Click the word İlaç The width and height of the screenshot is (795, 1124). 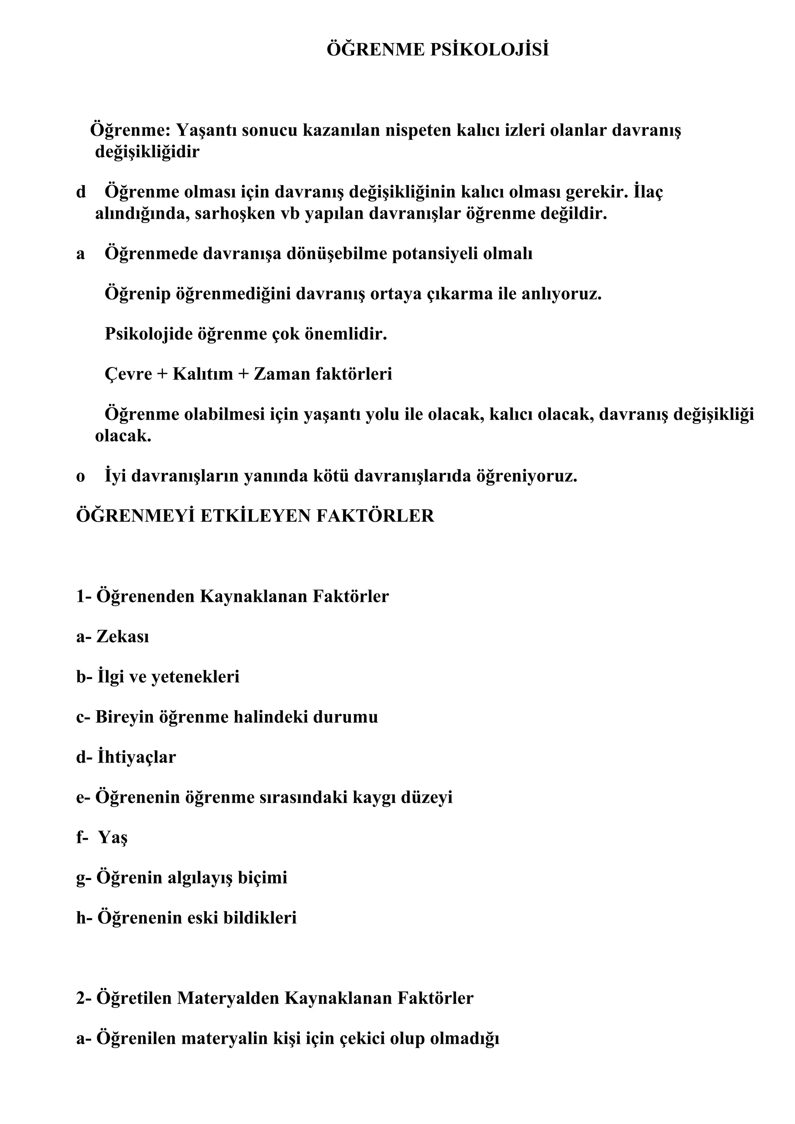click(x=648, y=192)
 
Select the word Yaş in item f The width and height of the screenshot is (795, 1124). click(x=113, y=838)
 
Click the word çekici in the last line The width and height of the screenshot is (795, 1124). click(x=362, y=1038)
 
